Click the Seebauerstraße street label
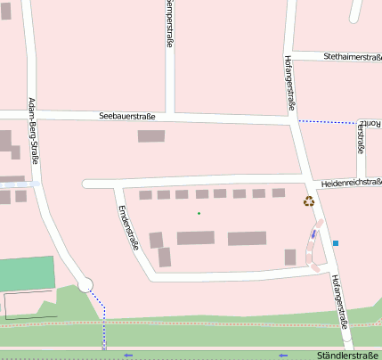tap(128, 116)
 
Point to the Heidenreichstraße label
tap(352, 181)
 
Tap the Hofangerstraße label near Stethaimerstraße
tap(289, 83)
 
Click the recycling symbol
tap(309, 201)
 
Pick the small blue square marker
tap(336, 242)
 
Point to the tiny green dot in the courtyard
tap(199, 212)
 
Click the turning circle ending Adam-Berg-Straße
tap(85, 285)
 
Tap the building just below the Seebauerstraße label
tap(151, 136)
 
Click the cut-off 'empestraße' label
tap(169, 23)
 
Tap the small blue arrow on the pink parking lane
tap(313, 235)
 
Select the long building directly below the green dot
tap(196, 238)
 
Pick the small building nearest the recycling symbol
tap(279, 192)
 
